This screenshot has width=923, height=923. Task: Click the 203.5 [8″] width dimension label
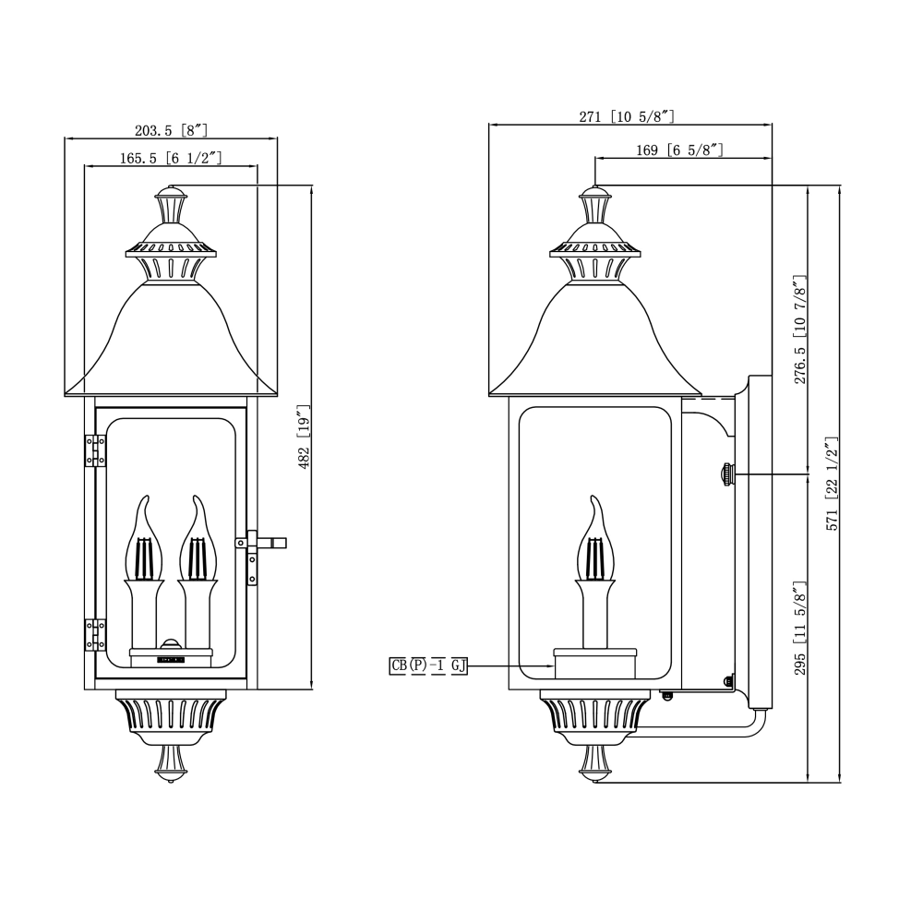click(x=171, y=130)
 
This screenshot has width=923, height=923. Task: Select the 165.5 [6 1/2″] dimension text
click(x=171, y=158)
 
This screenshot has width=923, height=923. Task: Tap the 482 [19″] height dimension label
click(x=304, y=437)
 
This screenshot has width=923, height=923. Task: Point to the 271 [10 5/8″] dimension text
click(x=627, y=116)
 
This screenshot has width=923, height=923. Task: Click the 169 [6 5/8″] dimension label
click(x=679, y=150)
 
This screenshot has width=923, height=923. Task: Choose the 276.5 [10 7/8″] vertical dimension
click(x=800, y=330)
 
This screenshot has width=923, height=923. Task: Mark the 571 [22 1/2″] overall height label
click(x=832, y=484)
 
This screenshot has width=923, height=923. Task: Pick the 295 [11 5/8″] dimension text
click(x=800, y=628)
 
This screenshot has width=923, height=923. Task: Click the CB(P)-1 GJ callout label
click(x=428, y=665)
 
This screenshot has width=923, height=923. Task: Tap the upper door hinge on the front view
click(x=95, y=450)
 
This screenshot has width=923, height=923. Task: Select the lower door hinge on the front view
click(x=95, y=635)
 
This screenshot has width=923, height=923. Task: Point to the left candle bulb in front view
click(x=143, y=539)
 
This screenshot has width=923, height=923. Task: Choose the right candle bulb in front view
click(x=198, y=539)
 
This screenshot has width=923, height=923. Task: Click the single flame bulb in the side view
click(x=595, y=539)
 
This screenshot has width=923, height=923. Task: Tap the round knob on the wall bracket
click(x=728, y=473)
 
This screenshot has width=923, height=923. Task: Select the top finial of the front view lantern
click(x=171, y=205)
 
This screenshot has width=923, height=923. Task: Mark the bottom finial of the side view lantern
click(x=595, y=763)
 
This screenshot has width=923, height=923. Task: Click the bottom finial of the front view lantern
click(x=171, y=763)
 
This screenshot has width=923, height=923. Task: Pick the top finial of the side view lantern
click(x=595, y=205)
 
